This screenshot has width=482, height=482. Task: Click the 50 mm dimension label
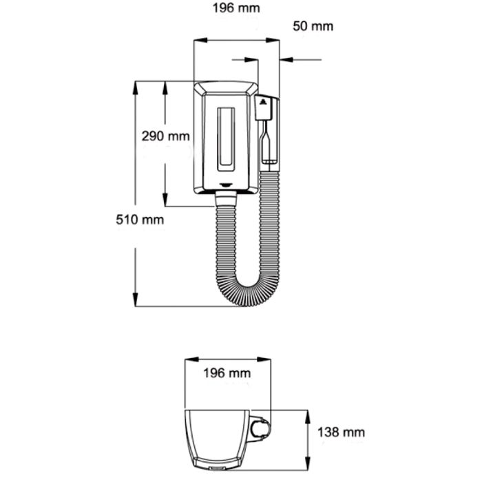click(313, 26)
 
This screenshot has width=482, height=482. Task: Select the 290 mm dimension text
click(165, 136)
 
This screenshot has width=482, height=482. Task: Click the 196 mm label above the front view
click(236, 9)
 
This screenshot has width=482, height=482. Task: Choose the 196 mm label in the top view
click(227, 373)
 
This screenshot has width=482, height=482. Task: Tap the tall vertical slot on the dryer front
click(227, 138)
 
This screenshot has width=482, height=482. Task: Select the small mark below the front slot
click(227, 184)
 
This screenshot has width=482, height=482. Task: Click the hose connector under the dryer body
click(227, 198)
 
